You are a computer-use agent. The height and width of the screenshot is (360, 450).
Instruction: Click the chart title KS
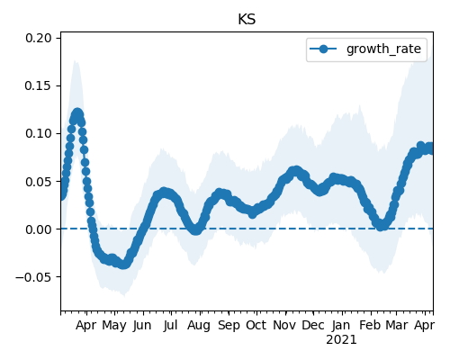(x=247, y=20)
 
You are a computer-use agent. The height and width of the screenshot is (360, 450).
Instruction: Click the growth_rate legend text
(x=383, y=49)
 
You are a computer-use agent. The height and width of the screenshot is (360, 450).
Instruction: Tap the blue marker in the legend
(x=323, y=49)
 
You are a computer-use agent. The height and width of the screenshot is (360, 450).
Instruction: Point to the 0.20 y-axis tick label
(x=39, y=38)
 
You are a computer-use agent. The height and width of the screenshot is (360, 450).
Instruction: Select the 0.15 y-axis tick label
(x=39, y=85)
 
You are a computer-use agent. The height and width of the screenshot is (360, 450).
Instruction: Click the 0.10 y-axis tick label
(x=39, y=133)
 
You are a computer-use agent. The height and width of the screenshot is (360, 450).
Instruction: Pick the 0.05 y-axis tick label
(x=39, y=182)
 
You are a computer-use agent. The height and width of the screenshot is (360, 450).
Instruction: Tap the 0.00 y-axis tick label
(x=39, y=229)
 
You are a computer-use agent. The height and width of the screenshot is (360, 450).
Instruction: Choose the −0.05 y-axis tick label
(x=33, y=277)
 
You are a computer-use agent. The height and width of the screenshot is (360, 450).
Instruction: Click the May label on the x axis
(x=114, y=326)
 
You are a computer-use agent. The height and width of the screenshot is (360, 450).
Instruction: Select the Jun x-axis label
(x=142, y=326)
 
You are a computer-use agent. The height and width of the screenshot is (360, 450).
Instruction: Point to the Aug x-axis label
(x=199, y=326)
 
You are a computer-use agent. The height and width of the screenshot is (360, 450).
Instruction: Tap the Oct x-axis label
(x=256, y=326)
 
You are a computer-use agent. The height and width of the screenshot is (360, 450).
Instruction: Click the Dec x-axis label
(x=313, y=326)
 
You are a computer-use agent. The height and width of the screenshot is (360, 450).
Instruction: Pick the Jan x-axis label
(x=341, y=326)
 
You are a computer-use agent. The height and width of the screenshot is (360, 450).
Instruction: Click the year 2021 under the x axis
(x=341, y=340)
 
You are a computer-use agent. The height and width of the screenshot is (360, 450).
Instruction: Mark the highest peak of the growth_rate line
(x=77, y=114)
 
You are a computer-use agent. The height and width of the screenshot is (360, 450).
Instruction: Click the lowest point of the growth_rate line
(x=123, y=265)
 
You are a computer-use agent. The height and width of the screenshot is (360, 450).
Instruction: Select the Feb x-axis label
(x=370, y=326)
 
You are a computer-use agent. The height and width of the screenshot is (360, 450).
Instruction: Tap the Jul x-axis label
(x=171, y=326)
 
